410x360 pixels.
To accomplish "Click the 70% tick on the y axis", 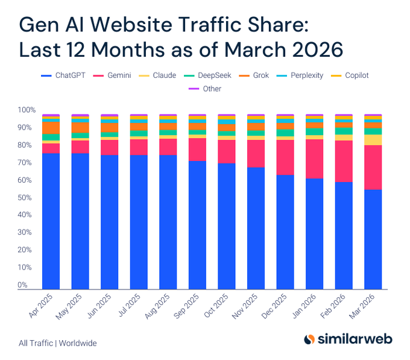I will click(27, 163).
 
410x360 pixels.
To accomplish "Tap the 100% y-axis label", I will click(27, 110).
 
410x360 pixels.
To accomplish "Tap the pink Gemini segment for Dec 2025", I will click(285, 157).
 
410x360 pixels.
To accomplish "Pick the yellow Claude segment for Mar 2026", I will click(373, 140).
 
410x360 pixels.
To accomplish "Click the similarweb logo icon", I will click(309, 339).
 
